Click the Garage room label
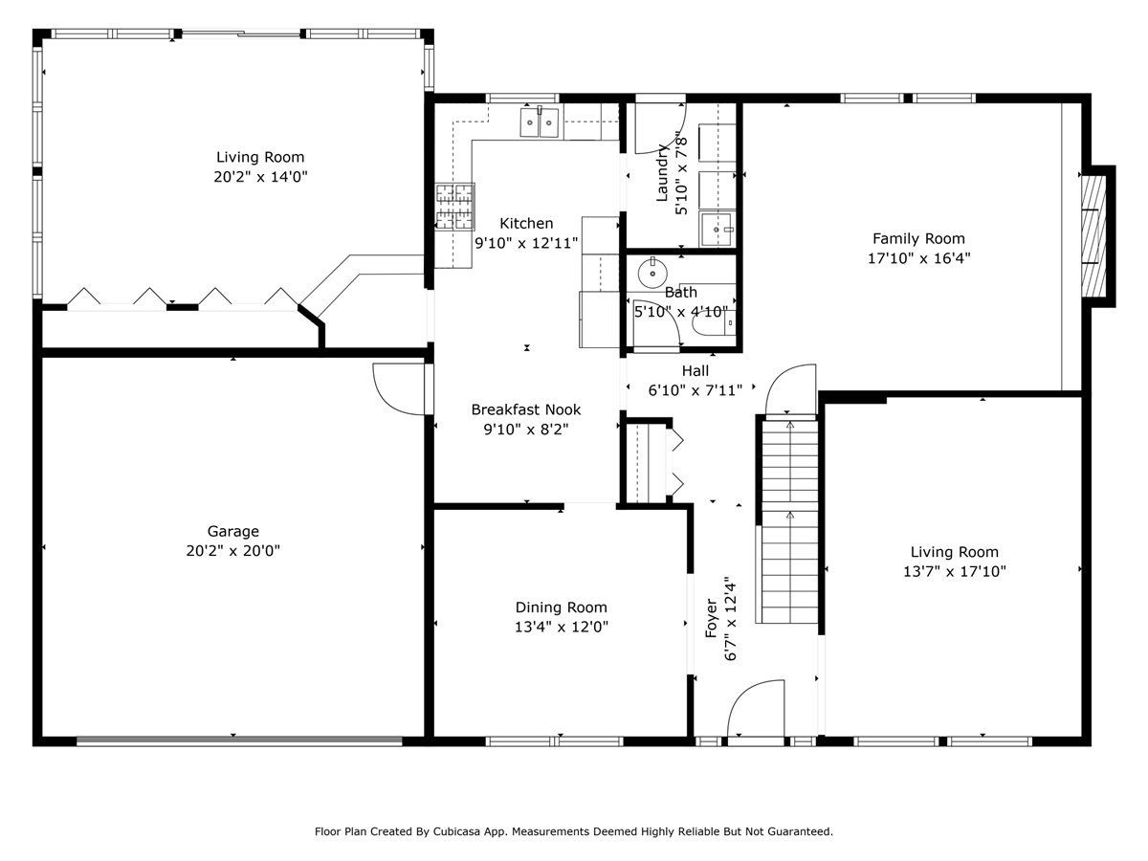[232, 531]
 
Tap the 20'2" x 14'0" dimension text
[260, 177]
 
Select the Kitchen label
[526, 224]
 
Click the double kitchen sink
[540, 121]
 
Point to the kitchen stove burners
[455, 207]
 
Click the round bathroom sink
[652, 272]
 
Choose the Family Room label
[918, 239]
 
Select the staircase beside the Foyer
[789, 521]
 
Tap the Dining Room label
[562, 607]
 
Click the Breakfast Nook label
[525, 409]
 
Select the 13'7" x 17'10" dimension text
[955, 571]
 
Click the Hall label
[695, 371]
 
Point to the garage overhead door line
[239, 740]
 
